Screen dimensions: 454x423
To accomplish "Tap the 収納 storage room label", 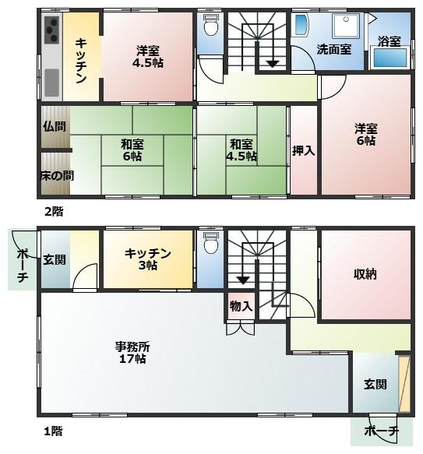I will click(x=365, y=273).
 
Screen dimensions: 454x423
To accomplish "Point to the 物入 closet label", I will click(x=241, y=307).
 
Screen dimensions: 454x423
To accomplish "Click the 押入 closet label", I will click(x=303, y=150).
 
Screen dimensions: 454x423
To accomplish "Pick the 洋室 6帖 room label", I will click(x=365, y=134).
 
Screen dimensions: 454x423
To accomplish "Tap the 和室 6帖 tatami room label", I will click(x=131, y=150).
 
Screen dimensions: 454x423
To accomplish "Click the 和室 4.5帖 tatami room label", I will click(x=241, y=150).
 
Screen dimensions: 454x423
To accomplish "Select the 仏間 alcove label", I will click(x=55, y=125).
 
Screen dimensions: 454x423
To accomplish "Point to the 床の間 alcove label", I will click(x=56, y=175).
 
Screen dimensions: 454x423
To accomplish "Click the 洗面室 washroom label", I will click(x=333, y=49).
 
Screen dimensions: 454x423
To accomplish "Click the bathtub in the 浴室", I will click(x=390, y=58).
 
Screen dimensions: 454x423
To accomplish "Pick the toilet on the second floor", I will click(x=210, y=28).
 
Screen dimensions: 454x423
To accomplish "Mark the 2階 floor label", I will click(x=52, y=210).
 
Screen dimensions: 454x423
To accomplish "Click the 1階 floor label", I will click(x=52, y=430).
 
